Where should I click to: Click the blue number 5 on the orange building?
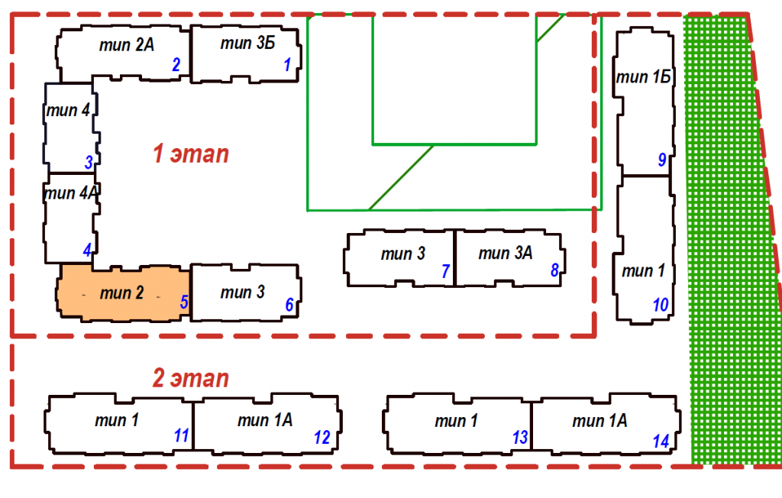click(x=184, y=302)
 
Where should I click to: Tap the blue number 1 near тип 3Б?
click(x=287, y=64)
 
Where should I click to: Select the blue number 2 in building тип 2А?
click(x=176, y=64)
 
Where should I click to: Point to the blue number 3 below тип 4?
click(x=89, y=162)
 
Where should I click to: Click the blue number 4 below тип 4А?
click(x=87, y=250)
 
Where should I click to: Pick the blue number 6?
click(x=289, y=305)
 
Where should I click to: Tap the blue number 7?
click(x=446, y=271)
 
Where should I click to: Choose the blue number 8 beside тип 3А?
click(x=554, y=270)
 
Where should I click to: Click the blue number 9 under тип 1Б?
click(x=662, y=160)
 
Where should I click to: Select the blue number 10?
click(x=661, y=305)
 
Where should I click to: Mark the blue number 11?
click(x=181, y=435)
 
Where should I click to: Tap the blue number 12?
click(x=322, y=438)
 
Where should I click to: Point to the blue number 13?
click(x=519, y=438)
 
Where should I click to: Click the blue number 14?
click(x=661, y=441)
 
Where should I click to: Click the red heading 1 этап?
click(x=191, y=154)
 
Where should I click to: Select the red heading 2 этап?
click(x=190, y=378)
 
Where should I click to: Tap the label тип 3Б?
click(x=248, y=44)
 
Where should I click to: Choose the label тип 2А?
click(x=127, y=45)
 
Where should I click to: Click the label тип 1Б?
click(x=643, y=77)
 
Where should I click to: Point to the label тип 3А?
click(x=506, y=253)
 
